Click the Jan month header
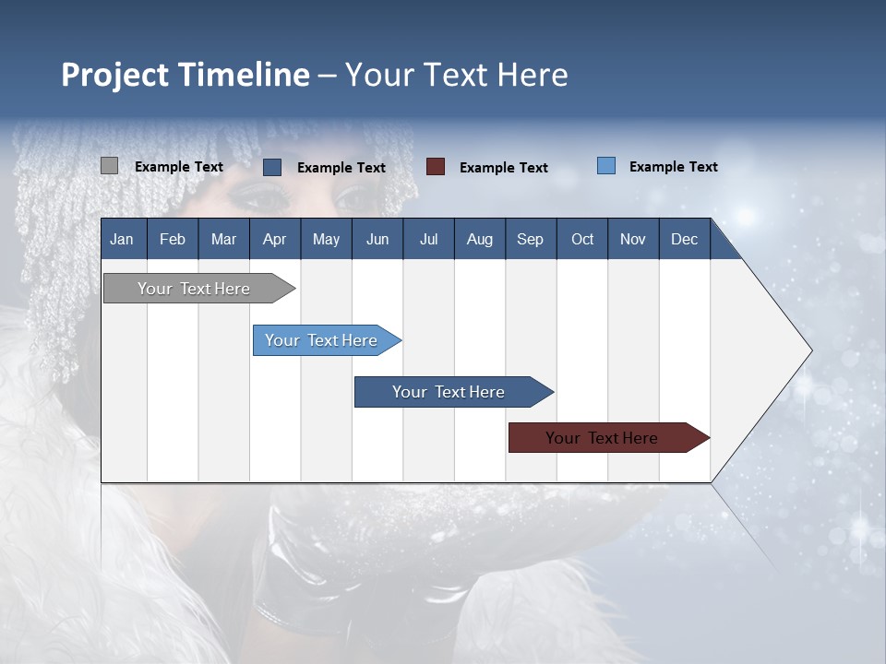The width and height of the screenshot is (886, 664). coord(122,239)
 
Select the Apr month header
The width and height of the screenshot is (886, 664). coord(274,239)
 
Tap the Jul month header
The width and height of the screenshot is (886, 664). coord(428,239)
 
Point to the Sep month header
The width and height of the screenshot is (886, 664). coord(530,239)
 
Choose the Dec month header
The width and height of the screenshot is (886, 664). coord(684,239)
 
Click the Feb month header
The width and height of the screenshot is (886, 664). coord(173,239)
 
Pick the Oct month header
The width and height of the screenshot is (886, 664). coord(582,239)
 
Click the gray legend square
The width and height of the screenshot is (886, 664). coord(109,166)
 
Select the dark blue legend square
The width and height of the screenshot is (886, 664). coord(272,167)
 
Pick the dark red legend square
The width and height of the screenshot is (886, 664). coord(436,167)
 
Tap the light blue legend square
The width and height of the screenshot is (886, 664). coord(606,166)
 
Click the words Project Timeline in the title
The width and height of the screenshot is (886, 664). coord(185,75)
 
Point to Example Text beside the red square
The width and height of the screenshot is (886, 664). coord(503,168)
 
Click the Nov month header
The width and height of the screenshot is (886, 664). coord(633,239)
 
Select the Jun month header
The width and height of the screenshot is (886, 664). coord(377,239)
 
